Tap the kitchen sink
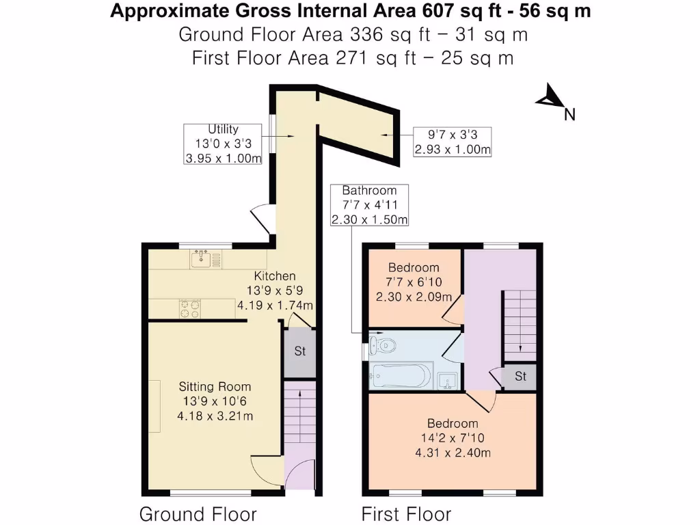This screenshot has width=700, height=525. (x=202, y=259)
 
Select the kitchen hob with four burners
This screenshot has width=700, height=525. (x=190, y=309)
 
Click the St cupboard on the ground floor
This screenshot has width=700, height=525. (x=299, y=352)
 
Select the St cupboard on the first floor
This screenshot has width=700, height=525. (x=520, y=377)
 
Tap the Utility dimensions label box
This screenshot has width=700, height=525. (x=224, y=144)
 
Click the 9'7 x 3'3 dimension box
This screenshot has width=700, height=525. (x=453, y=142)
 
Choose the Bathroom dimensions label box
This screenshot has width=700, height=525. (x=369, y=205)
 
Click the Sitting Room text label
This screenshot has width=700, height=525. (x=215, y=386)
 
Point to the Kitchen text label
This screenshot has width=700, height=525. (x=275, y=276)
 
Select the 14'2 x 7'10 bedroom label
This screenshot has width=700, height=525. (x=453, y=438)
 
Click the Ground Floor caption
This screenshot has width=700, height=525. (x=198, y=513)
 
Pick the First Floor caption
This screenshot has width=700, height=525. (x=406, y=513)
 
